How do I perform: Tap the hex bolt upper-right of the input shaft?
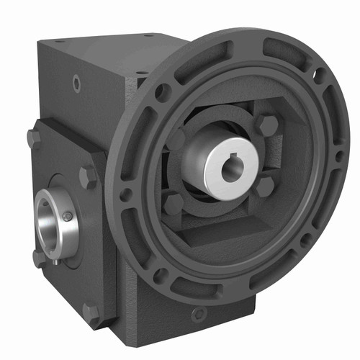(266, 125)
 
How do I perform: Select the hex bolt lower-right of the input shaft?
(265, 185)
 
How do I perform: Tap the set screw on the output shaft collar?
(67, 217)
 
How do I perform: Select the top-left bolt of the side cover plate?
(33, 137)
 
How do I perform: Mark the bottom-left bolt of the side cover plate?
(38, 257)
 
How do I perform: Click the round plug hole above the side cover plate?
(76, 84)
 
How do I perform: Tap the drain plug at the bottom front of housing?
(199, 314)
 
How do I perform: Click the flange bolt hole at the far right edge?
(338, 156)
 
